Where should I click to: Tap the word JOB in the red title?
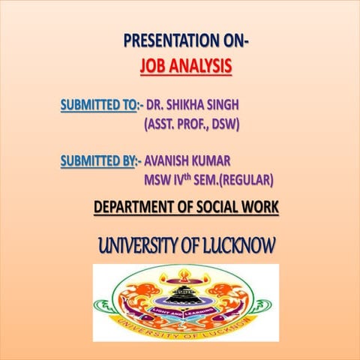[x=152, y=67]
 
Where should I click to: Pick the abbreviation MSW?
[x=160, y=180]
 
